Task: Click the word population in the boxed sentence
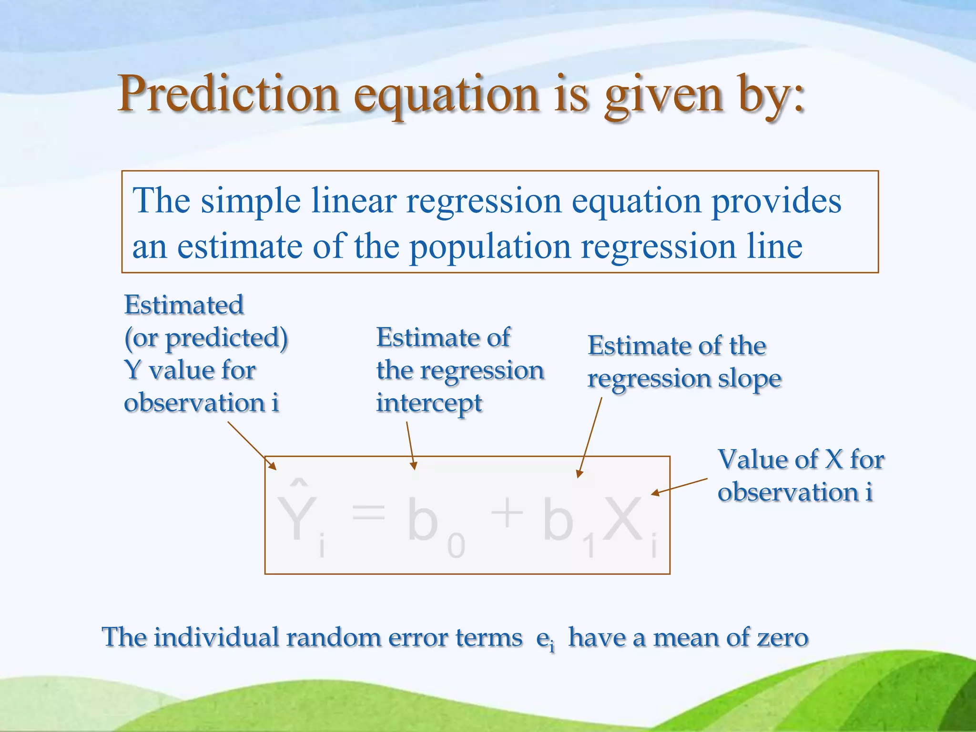[x=490, y=247]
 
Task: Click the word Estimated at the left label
[x=184, y=305]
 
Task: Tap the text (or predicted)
[x=206, y=338]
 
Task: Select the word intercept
[x=429, y=403]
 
